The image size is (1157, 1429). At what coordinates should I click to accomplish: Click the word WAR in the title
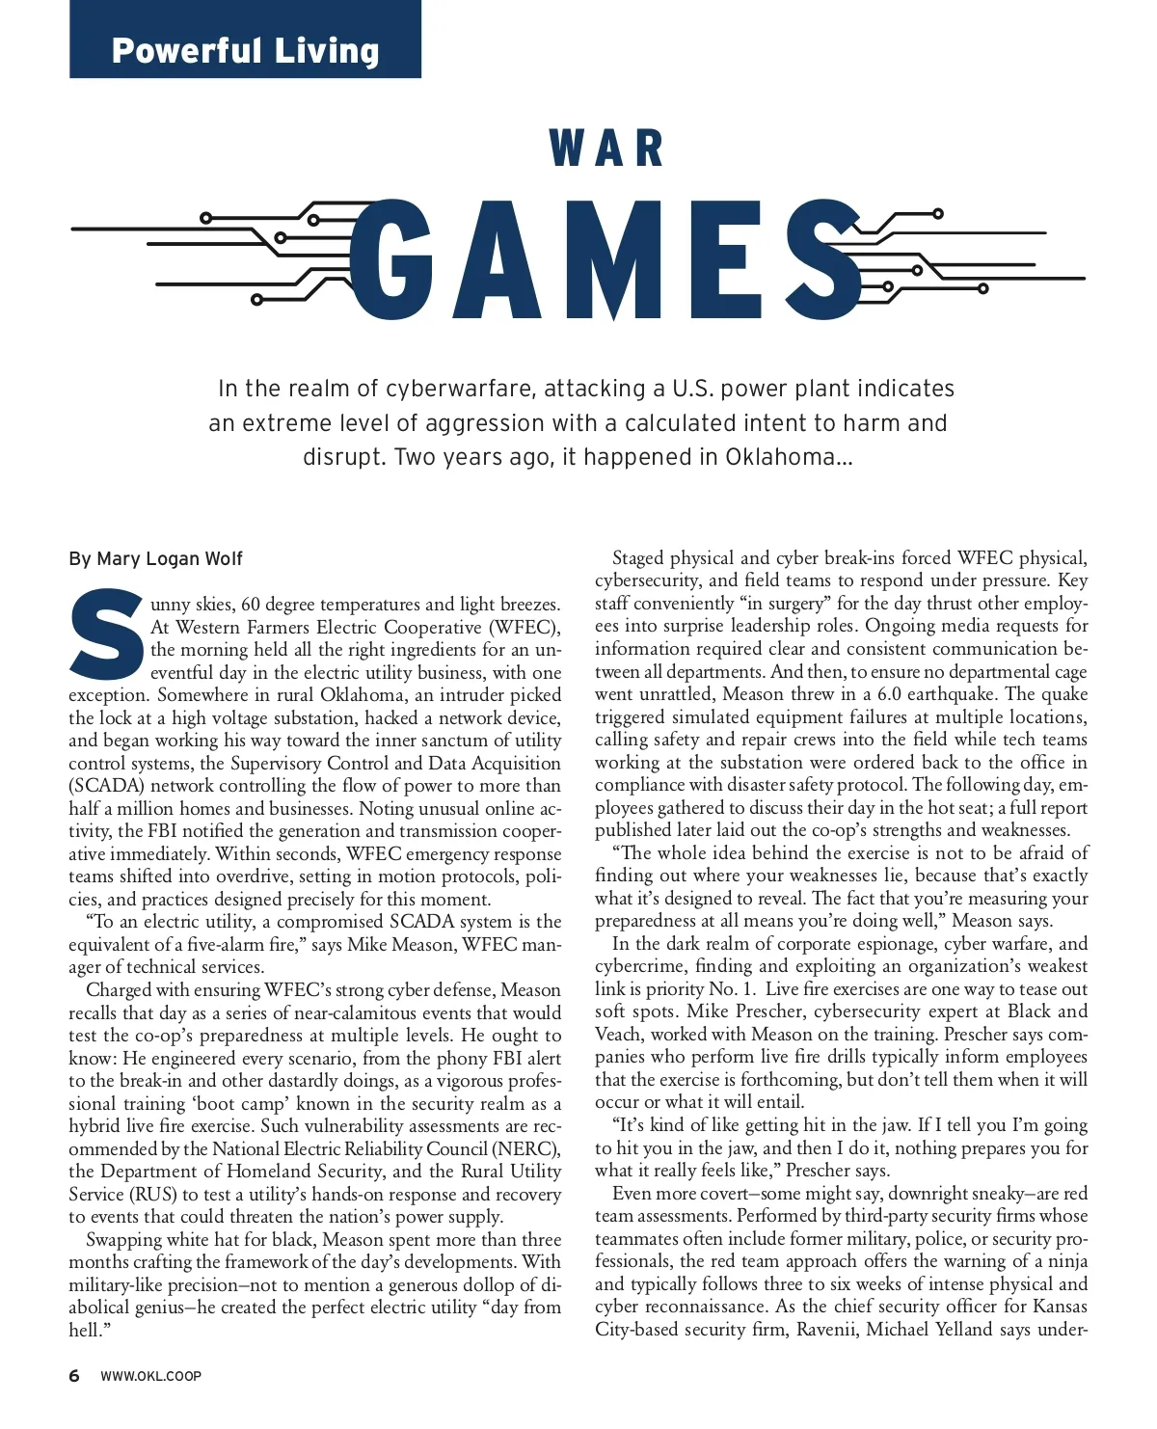click(606, 148)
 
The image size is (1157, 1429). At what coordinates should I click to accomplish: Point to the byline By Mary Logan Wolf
click(155, 559)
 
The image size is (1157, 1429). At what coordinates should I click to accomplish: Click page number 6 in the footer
click(74, 1376)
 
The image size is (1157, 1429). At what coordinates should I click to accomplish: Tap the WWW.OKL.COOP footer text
click(150, 1376)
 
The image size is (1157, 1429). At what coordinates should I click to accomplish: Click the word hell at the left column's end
click(85, 1331)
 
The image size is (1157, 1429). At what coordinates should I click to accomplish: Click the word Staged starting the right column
click(638, 558)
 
